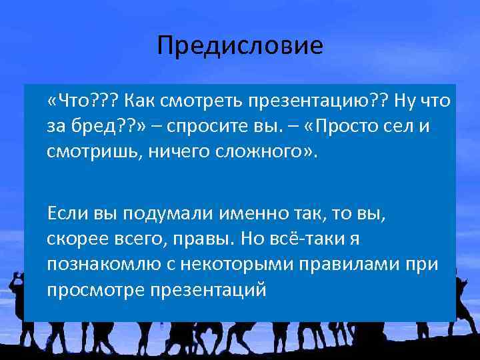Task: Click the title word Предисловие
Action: [x=240, y=46]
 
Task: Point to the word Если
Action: [x=65, y=214]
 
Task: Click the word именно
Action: [x=243, y=214]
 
